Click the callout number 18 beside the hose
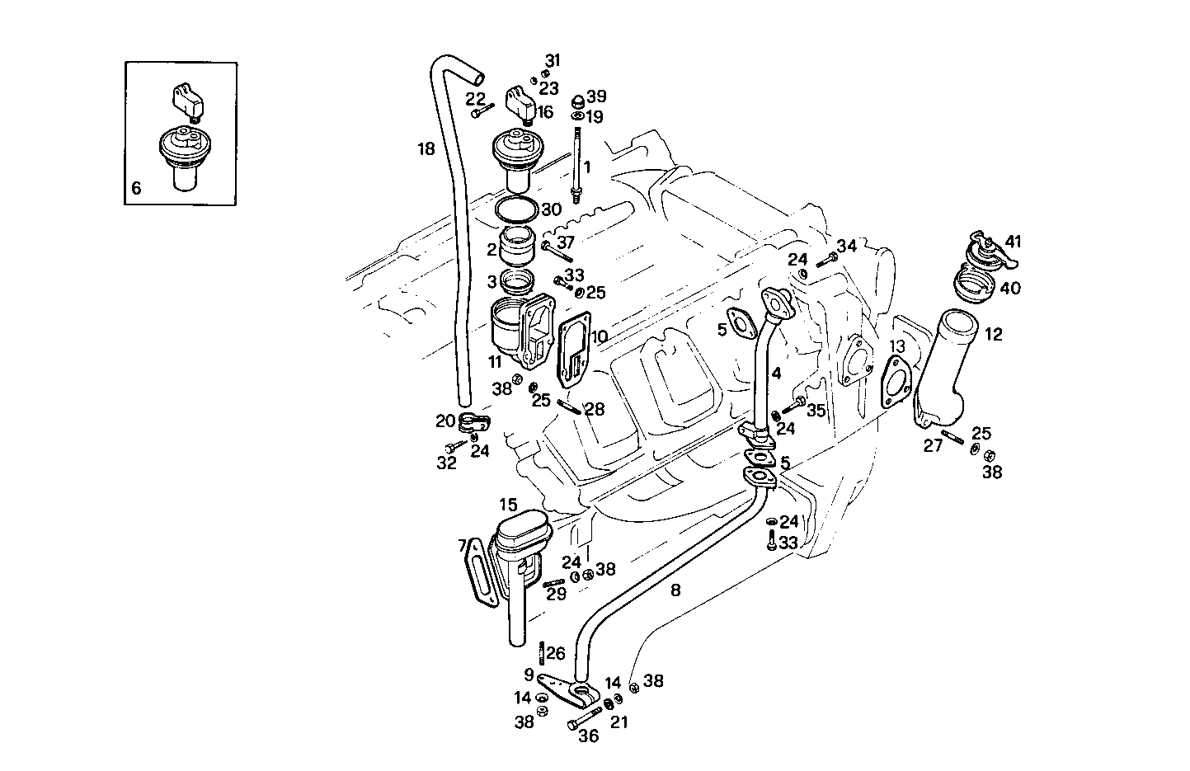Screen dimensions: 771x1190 pos(426,149)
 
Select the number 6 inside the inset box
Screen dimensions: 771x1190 pos(136,188)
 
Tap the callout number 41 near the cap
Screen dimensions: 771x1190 pos(1013,242)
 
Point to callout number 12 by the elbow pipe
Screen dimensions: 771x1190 pos(994,334)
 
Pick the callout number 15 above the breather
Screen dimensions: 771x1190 pos(508,503)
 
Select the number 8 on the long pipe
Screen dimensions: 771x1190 pos(675,590)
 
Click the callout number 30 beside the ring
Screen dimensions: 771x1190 pos(551,209)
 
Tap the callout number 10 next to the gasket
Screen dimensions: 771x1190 pos(600,336)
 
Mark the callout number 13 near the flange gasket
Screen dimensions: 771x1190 pos(897,345)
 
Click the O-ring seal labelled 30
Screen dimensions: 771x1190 pos(518,210)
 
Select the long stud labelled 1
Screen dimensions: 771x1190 pos(577,161)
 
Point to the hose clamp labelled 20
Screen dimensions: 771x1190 pos(473,424)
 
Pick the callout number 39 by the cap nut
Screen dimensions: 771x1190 pos(596,96)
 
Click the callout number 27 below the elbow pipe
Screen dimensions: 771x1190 pos(933,445)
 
